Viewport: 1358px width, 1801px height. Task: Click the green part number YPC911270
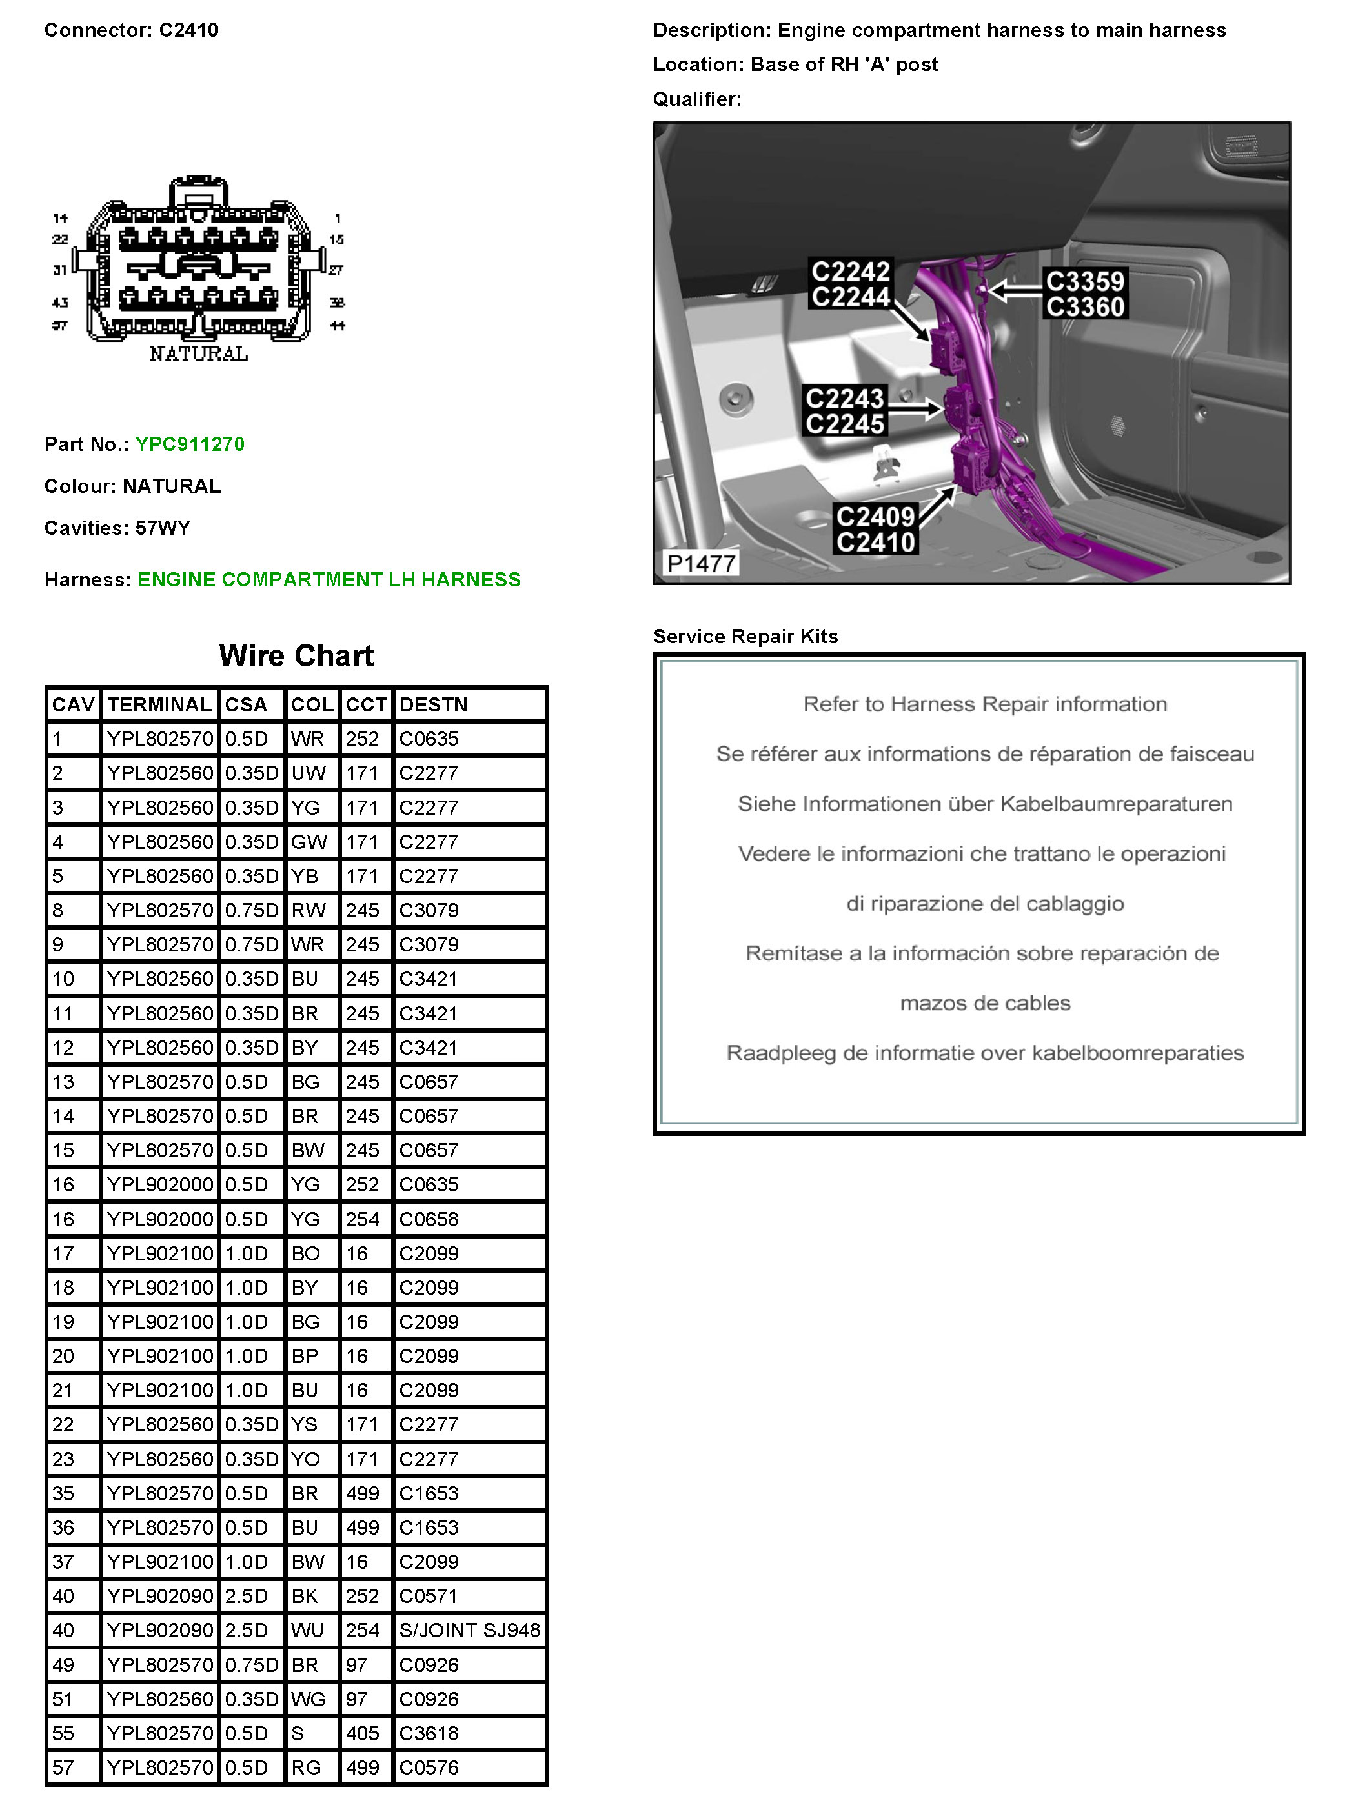[x=189, y=444]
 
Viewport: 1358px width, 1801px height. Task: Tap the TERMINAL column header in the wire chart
[x=159, y=704]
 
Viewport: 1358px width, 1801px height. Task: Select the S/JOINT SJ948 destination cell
[x=469, y=1630]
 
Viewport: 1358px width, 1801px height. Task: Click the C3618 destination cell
[x=429, y=1733]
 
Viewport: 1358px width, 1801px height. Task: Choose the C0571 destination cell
[x=429, y=1596]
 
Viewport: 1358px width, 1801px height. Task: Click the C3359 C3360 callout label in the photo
[x=1084, y=294]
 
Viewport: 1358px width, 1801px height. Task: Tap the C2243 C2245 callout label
[x=844, y=411]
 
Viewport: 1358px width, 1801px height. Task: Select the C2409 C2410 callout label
[x=875, y=529]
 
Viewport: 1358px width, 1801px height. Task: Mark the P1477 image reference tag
[x=700, y=563]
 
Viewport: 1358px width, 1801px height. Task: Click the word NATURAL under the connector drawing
[x=198, y=354]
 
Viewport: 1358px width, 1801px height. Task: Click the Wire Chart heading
[x=296, y=656]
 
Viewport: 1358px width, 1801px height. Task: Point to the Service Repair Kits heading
[x=745, y=636]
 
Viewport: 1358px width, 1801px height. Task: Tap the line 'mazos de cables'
[x=984, y=1003]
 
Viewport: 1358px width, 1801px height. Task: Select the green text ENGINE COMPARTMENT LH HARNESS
[x=329, y=580]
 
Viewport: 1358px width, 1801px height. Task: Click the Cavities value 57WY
[x=162, y=528]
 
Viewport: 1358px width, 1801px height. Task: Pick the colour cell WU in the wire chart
[x=307, y=1630]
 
